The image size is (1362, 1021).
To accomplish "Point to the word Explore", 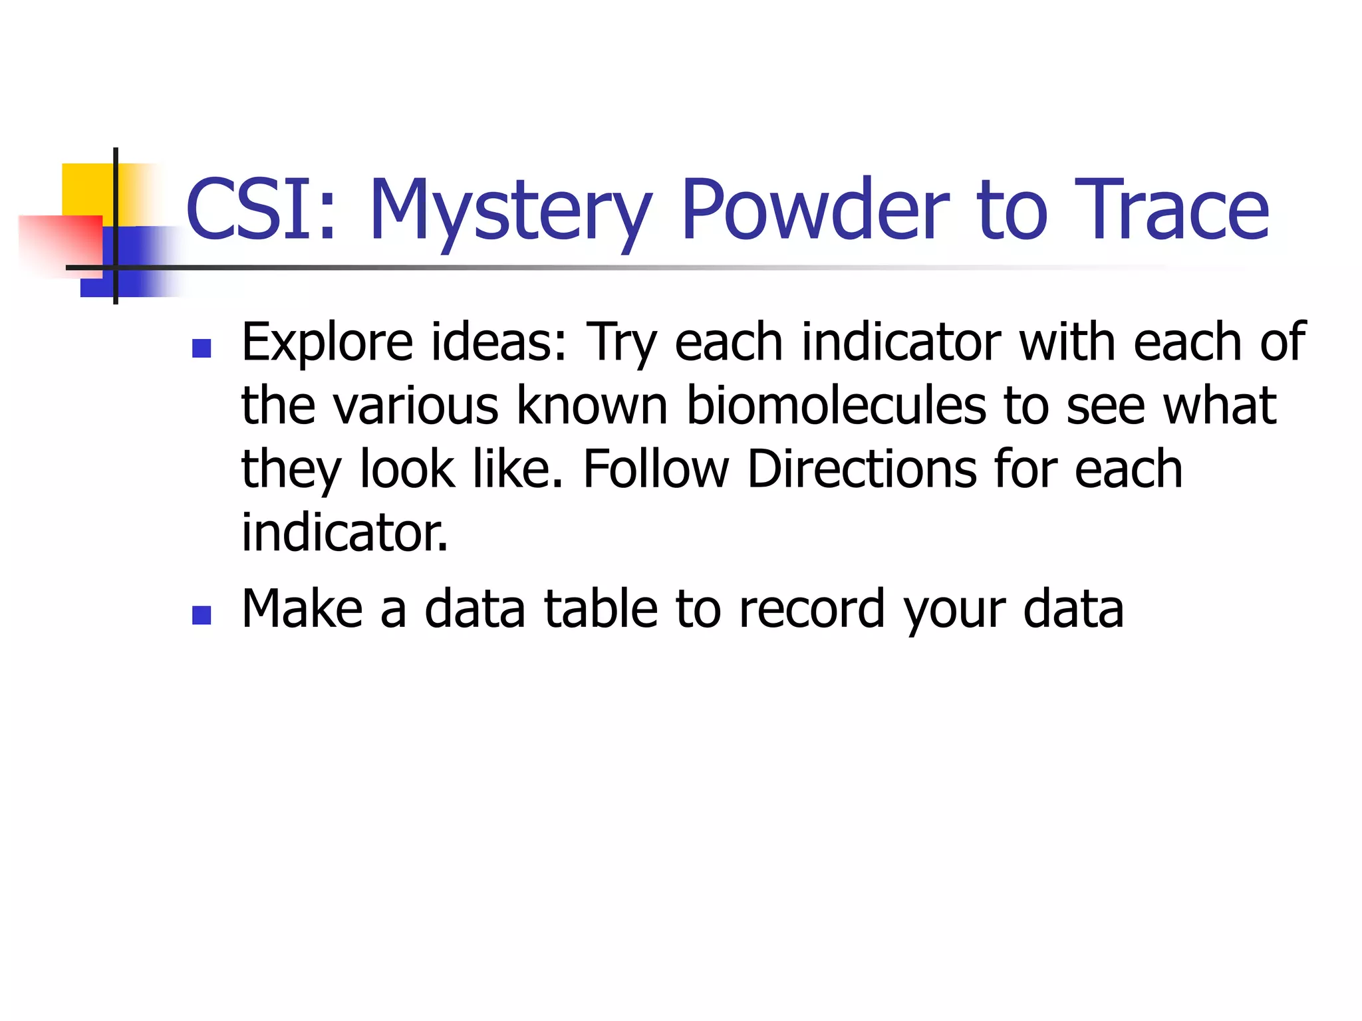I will pyautogui.click(x=327, y=343).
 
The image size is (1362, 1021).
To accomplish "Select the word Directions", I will pyautogui.click(x=862, y=469).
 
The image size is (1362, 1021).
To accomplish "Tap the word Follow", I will pyautogui.click(x=656, y=469).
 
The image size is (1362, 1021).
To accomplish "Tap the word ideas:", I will pyautogui.click(x=499, y=343).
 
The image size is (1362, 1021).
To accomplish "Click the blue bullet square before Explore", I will pyautogui.click(x=201, y=348).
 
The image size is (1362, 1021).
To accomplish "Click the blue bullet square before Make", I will pyautogui.click(x=201, y=615).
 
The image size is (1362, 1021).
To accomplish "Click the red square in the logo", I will pyautogui.click(x=60, y=243).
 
